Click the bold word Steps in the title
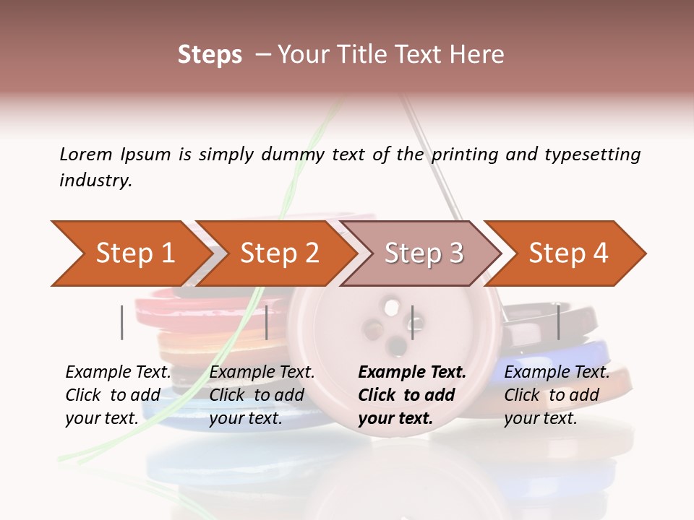coord(210,55)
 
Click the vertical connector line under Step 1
coord(122,322)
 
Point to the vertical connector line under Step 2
coord(267,322)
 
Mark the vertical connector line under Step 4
coord(559,322)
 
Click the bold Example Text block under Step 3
coord(412,395)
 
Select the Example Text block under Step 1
coord(118,395)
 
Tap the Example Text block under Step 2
coord(262,395)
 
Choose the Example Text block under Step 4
coord(557,395)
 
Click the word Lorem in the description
coord(86,155)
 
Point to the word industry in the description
coord(95,181)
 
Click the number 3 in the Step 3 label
coord(455,253)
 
